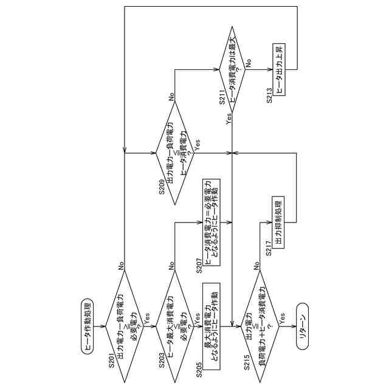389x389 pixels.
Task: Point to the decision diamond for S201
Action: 124,327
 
